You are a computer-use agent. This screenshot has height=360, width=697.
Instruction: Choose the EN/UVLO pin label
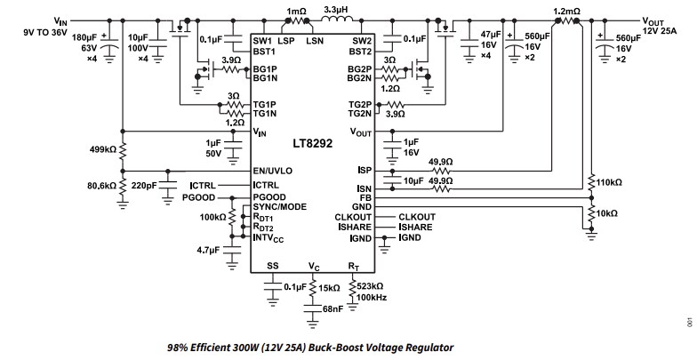point(276,169)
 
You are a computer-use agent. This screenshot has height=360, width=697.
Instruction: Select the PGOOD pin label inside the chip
point(270,195)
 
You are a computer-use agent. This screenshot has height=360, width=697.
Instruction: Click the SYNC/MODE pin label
point(280,205)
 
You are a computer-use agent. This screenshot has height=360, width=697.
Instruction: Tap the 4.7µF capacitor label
point(207,251)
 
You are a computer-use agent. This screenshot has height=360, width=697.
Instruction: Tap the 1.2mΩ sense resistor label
point(566,12)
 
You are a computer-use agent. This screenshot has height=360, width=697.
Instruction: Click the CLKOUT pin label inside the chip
point(352,216)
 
